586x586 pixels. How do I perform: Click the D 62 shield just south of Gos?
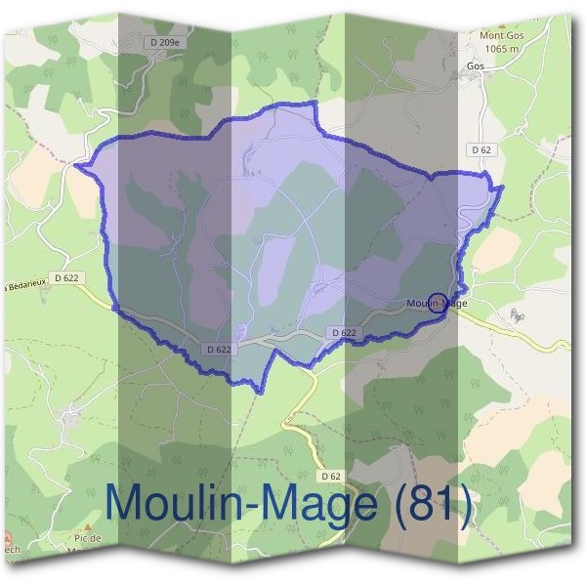(x=480, y=149)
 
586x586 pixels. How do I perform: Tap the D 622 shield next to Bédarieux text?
(x=66, y=277)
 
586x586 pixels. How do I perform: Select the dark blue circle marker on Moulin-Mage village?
(x=438, y=302)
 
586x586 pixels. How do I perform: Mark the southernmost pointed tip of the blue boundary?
(x=259, y=392)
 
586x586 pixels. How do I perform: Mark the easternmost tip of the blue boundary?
(x=502, y=187)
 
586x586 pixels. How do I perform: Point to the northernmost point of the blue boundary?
(x=314, y=103)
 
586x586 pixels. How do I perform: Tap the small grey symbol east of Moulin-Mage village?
(x=518, y=314)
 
